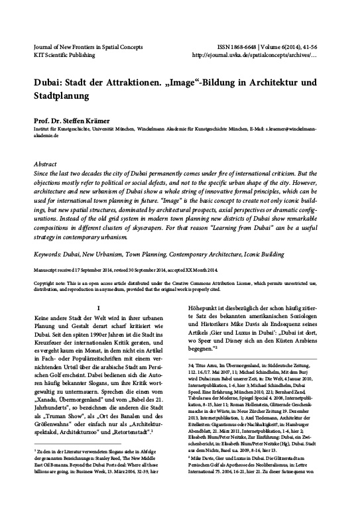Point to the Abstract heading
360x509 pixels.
44,163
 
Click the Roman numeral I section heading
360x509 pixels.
98,308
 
